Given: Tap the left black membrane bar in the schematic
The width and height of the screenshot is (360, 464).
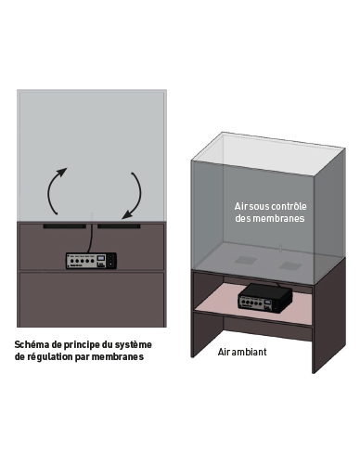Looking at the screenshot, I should tap(65, 226).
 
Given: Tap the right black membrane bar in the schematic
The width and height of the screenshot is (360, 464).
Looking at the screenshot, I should tap(118, 226).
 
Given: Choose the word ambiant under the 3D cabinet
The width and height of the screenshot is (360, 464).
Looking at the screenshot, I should tap(248, 353).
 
